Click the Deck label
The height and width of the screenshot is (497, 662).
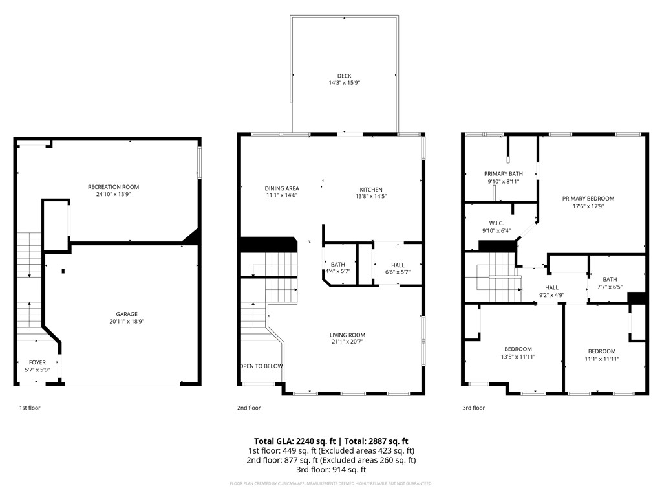click(344, 76)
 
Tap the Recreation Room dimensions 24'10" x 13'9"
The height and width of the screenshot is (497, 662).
click(113, 195)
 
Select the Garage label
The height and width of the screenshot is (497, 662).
click(127, 314)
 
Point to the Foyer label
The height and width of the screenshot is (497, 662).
click(37, 362)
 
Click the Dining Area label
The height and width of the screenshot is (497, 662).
click(281, 188)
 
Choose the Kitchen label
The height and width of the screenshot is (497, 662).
click(371, 190)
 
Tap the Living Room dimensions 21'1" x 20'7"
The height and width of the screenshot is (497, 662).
click(347, 342)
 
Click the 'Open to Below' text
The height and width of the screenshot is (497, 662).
click(261, 366)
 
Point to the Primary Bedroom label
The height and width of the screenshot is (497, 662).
click(588, 199)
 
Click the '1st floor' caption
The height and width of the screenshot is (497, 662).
click(30, 408)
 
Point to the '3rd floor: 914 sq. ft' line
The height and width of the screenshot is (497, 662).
click(330, 470)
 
